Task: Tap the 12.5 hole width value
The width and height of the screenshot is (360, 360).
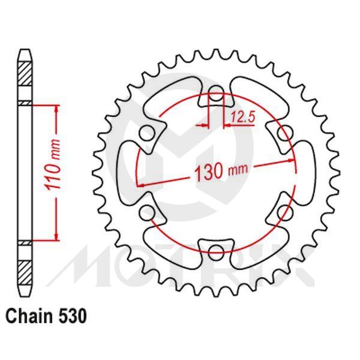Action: (x=242, y=118)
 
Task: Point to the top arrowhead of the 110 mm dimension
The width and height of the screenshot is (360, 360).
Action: (x=56, y=109)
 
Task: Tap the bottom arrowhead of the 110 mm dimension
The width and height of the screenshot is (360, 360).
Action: (x=56, y=236)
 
